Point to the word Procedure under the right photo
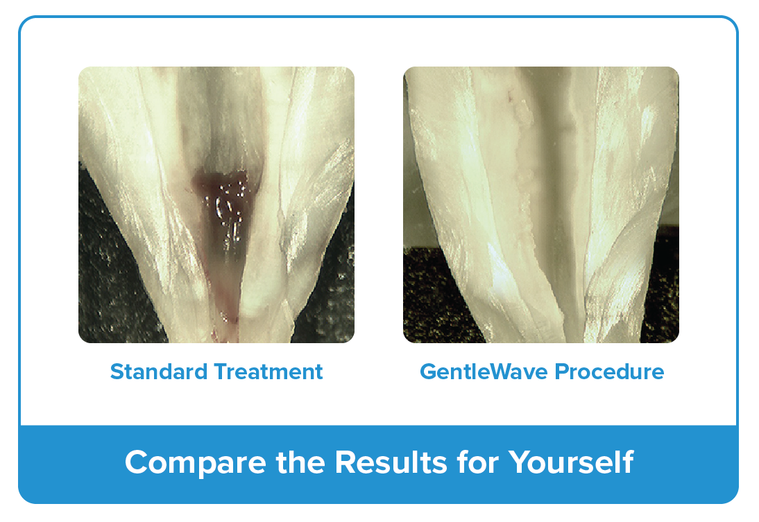click(610, 372)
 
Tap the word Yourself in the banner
click(570, 462)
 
